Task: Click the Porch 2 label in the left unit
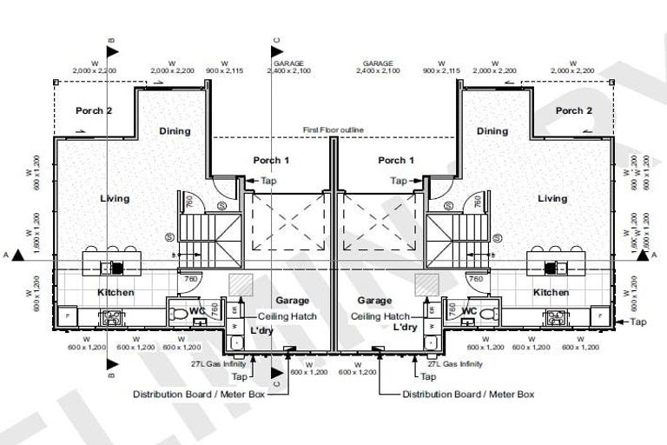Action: click(x=94, y=110)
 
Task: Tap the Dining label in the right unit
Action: click(x=492, y=131)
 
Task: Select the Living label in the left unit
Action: click(x=115, y=198)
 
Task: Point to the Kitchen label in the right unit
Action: click(x=551, y=293)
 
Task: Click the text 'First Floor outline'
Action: click(x=333, y=130)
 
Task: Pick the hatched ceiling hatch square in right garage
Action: click(x=426, y=285)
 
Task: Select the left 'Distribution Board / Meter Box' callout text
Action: click(x=198, y=394)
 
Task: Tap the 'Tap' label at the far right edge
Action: click(x=638, y=322)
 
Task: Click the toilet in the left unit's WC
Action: click(x=180, y=313)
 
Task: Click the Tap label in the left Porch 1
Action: click(x=269, y=181)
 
